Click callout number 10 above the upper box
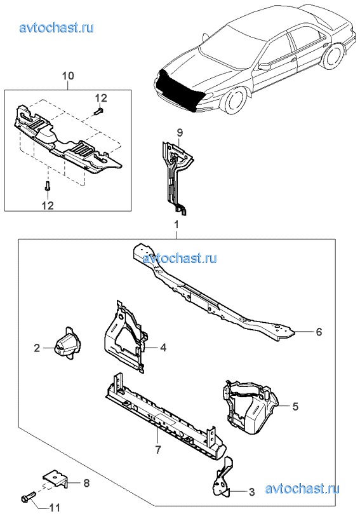(69, 76)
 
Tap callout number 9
(180, 133)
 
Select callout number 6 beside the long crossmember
(319, 332)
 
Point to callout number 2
(37, 348)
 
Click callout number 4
(163, 347)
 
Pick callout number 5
(295, 407)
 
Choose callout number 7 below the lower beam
(158, 449)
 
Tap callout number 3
(251, 492)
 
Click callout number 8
(86, 483)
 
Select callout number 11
(55, 508)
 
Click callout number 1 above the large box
(177, 225)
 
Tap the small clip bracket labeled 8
(57, 480)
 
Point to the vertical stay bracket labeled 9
(177, 177)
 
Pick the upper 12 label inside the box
(101, 98)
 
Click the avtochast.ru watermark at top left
(57, 28)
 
